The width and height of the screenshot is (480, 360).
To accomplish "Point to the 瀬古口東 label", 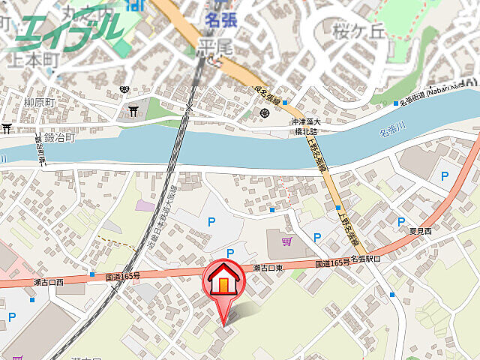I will tap(268, 268).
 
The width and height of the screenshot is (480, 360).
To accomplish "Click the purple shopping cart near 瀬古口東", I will tap(286, 241).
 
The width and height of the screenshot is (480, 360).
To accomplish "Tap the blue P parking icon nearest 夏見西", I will tap(445, 178).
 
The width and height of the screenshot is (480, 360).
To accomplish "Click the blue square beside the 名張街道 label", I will tap(396, 103).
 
